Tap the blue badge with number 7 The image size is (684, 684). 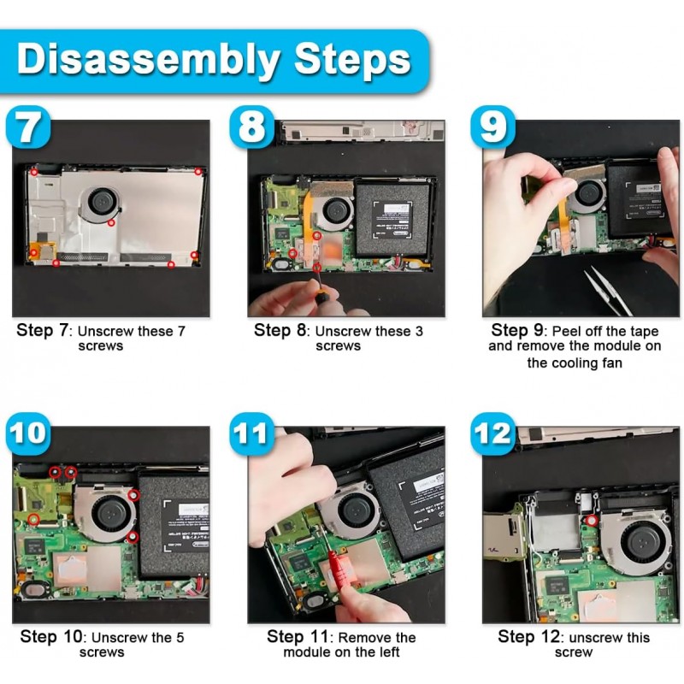[x=28, y=128]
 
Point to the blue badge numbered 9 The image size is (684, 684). [x=493, y=128]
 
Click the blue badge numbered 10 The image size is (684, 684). [x=31, y=433]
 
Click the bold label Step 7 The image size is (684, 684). [x=44, y=331]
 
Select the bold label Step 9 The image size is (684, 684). [x=521, y=331]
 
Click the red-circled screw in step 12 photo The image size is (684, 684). [x=591, y=519]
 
